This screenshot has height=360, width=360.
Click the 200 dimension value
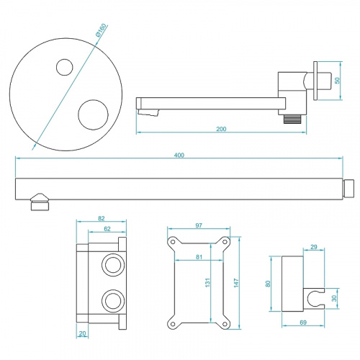(x=221, y=128)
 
